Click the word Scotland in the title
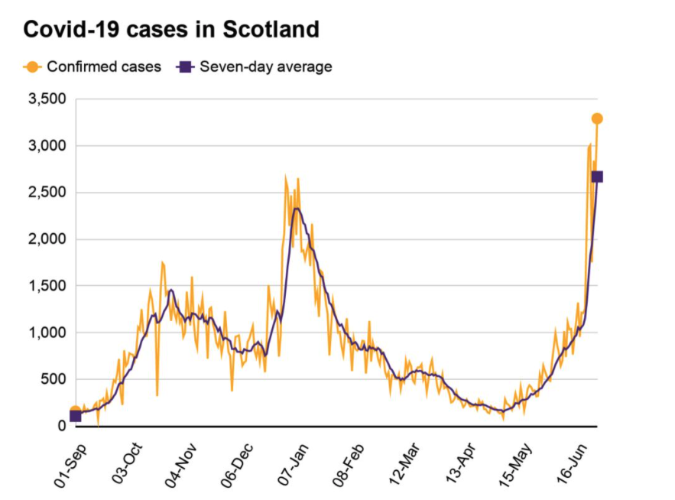click(271, 30)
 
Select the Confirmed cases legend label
click(104, 67)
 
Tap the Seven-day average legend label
click(266, 67)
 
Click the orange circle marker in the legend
click(32, 67)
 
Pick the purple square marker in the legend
click(184, 67)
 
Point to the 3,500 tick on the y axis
click(47, 99)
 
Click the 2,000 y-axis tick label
click(47, 239)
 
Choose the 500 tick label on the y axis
click(53, 379)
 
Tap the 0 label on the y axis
click(62, 426)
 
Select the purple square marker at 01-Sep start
click(75, 415)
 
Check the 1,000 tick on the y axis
click(47, 333)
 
